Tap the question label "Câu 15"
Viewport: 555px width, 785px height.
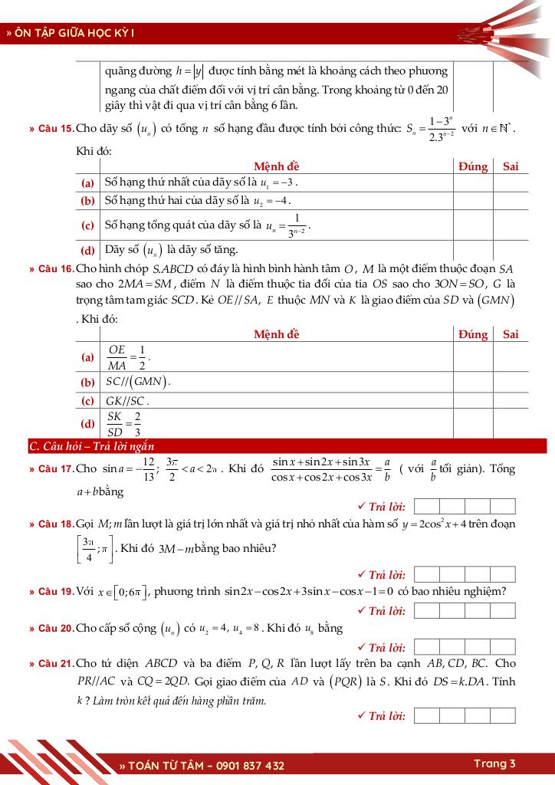click(x=55, y=128)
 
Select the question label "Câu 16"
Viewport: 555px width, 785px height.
click(x=55, y=269)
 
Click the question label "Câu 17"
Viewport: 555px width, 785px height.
click(x=55, y=469)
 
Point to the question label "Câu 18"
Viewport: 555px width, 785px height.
click(x=55, y=524)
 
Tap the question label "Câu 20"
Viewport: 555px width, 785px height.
click(x=55, y=629)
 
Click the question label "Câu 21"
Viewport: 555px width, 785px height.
click(x=55, y=664)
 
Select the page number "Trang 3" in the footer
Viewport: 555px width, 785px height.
click(x=494, y=764)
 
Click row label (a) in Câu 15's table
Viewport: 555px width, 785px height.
click(x=88, y=183)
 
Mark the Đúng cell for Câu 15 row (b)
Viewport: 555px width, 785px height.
click(x=473, y=201)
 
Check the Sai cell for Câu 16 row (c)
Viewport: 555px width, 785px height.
click(x=511, y=400)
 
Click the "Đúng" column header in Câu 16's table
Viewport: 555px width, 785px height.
click(x=473, y=334)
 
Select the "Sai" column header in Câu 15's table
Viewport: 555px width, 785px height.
click(x=511, y=166)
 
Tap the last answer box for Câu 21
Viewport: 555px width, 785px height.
click(x=503, y=716)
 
